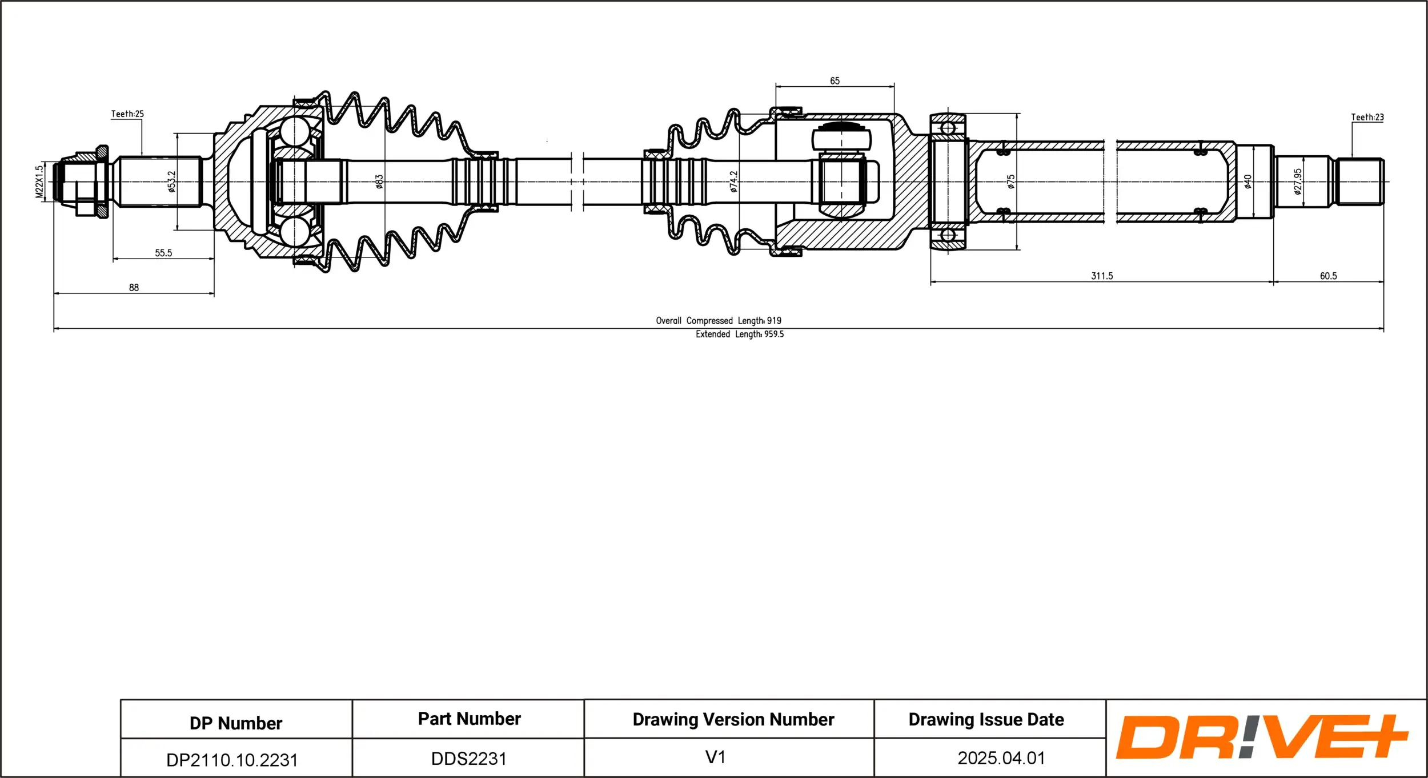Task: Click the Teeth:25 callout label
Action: point(127,114)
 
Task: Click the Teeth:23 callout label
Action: point(1367,118)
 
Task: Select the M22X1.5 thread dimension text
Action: point(39,182)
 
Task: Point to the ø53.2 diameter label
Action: point(172,182)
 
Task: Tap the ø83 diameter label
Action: point(379,182)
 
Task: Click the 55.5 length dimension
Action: point(163,253)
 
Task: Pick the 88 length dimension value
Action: point(134,288)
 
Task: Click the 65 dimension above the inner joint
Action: point(835,81)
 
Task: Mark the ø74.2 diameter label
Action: point(734,182)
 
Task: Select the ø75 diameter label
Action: point(1011,182)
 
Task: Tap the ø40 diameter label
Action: point(1248,182)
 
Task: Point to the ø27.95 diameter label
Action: point(1298,182)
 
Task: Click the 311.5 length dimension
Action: point(1102,276)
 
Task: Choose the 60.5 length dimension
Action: point(1328,276)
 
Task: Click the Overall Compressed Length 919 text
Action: point(718,321)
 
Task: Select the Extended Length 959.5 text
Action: point(739,334)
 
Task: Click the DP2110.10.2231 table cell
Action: point(232,760)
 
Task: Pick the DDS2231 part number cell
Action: point(468,759)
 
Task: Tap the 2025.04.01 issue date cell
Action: point(1001,758)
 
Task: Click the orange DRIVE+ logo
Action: point(1261,737)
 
